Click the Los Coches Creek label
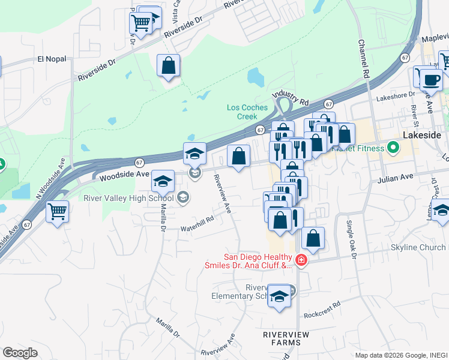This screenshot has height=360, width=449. click(x=246, y=112)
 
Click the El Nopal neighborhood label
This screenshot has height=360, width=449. click(x=50, y=59)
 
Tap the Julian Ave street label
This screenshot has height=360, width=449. click(x=396, y=177)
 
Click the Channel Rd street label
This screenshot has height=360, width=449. click(x=363, y=59)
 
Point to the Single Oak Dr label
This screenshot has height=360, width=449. click(x=351, y=239)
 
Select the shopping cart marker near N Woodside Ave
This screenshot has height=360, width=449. click(x=57, y=211)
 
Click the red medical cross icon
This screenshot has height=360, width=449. click(x=301, y=260)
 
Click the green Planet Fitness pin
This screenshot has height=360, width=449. click(x=393, y=146)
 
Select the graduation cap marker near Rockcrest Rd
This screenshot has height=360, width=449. click(x=279, y=297)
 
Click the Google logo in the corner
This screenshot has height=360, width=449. click(x=20, y=352)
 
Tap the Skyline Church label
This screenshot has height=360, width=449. click(x=418, y=248)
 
